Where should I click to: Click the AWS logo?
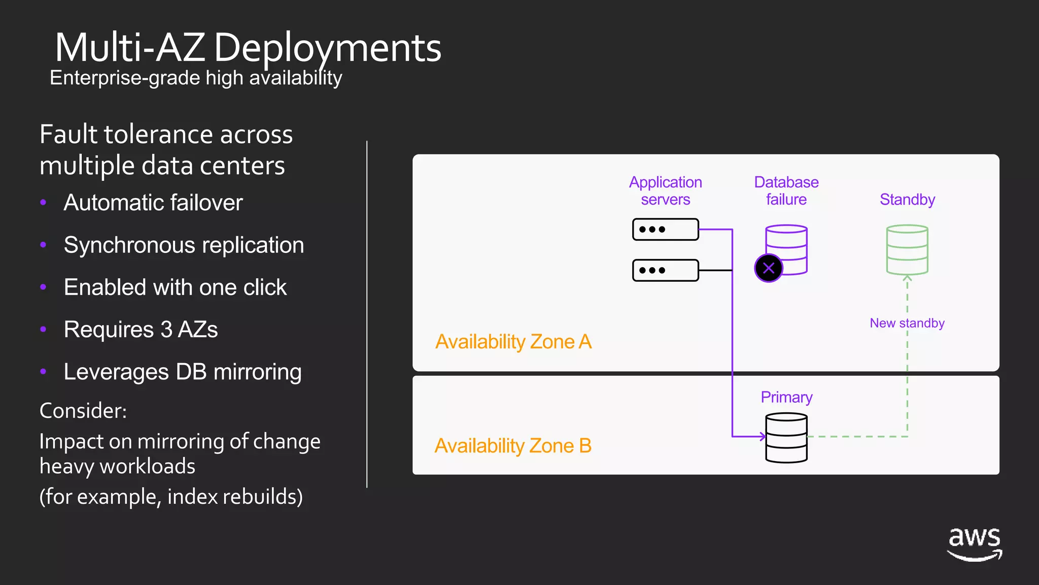pyautogui.click(x=975, y=544)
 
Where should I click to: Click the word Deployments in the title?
pyautogui.click(x=327, y=48)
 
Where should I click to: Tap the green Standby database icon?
pyautogui.click(x=907, y=250)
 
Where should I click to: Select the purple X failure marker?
pyautogui.click(x=769, y=268)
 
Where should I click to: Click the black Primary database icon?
pyautogui.click(x=786, y=438)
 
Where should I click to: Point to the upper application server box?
pyautogui.click(x=665, y=230)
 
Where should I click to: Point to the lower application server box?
pyautogui.click(x=665, y=270)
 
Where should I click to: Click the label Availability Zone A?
pyautogui.click(x=513, y=342)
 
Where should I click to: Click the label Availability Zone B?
pyautogui.click(x=513, y=446)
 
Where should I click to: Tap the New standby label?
pyautogui.click(x=907, y=323)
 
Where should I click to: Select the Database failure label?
pyautogui.click(x=786, y=191)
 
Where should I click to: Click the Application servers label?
pyautogui.click(x=665, y=191)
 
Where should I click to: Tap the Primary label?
pyautogui.click(x=786, y=397)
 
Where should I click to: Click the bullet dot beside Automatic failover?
pyautogui.click(x=43, y=203)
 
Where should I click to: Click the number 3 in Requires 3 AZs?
pyautogui.click(x=166, y=330)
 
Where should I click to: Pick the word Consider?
pyautogui.click(x=83, y=411)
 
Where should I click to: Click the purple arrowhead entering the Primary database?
pyautogui.click(x=762, y=436)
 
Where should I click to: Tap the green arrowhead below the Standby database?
pyautogui.click(x=907, y=278)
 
